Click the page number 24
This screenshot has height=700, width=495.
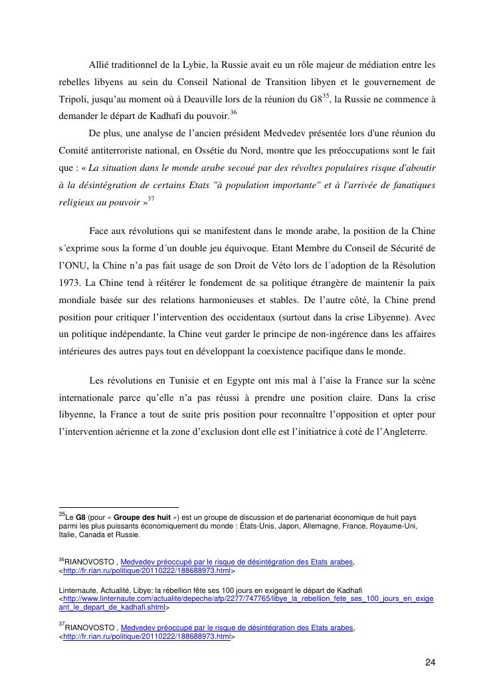coord(430,662)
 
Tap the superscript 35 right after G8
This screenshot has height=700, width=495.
coord(326,96)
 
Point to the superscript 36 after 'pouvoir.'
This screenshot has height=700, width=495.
coord(233,112)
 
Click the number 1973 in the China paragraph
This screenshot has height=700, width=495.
coord(68,282)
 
